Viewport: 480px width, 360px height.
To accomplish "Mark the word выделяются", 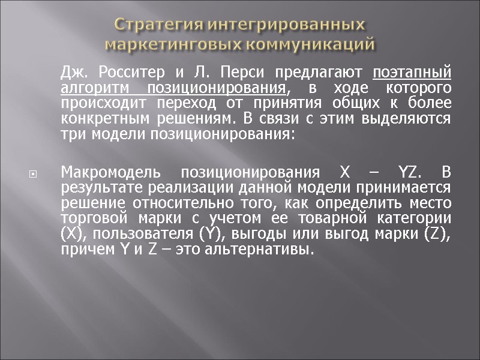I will pos(411,118).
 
